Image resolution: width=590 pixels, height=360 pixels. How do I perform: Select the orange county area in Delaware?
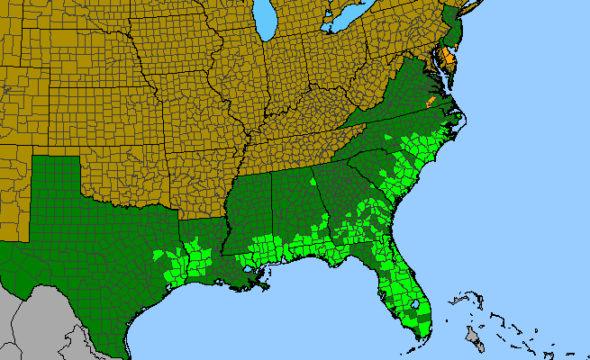coord(449,59)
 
